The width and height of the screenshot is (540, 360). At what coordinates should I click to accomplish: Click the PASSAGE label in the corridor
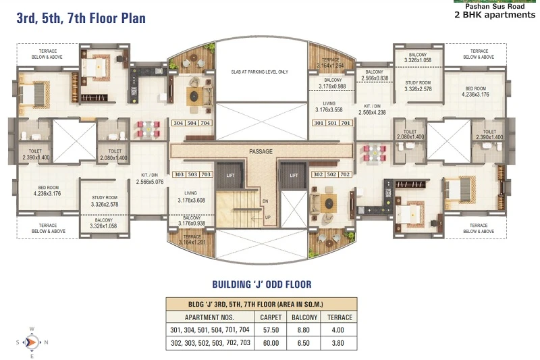pyautogui.click(x=261, y=151)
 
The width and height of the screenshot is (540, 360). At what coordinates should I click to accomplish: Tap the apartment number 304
pyautogui.click(x=178, y=123)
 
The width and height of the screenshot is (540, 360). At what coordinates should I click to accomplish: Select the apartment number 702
pyautogui.click(x=345, y=174)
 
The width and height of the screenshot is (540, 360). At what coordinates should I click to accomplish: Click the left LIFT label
pyautogui.click(x=230, y=176)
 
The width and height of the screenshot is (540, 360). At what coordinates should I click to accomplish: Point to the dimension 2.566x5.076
pyautogui.click(x=150, y=182)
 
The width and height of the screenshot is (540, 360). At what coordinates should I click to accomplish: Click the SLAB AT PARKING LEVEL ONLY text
pyautogui.click(x=260, y=72)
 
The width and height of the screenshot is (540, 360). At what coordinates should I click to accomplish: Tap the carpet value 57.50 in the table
pyautogui.click(x=271, y=330)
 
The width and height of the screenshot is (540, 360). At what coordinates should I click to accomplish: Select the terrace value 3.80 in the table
pyautogui.click(x=338, y=343)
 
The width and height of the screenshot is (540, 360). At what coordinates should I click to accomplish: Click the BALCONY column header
pyautogui.click(x=304, y=317)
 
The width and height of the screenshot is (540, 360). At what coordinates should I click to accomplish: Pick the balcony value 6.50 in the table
pyautogui.click(x=303, y=343)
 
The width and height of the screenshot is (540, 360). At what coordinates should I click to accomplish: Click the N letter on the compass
pyautogui.click(x=46, y=342)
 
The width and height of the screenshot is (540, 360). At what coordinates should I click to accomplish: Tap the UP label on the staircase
pyautogui.click(x=267, y=217)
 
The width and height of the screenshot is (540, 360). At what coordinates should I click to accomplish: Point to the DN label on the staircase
pyautogui.click(x=265, y=201)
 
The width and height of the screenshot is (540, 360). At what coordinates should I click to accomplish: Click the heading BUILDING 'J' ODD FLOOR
pyautogui.click(x=262, y=284)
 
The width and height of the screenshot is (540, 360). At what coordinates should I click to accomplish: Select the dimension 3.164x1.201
pyautogui.click(x=192, y=242)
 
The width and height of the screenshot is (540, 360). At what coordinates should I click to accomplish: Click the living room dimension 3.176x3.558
pyautogui.click(x=329, y=110)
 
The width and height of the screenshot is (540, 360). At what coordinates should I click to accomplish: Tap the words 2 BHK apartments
pyautogui.click(x=495, y=14)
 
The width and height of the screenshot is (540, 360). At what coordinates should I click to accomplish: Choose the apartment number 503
pyautogui.click(x=192, y=174)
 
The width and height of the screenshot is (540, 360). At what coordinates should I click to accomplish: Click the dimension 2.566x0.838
pyautogui.click(x=375, y=78)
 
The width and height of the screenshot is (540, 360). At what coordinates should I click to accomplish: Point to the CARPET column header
pyautogui.click(x=271, y=317)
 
